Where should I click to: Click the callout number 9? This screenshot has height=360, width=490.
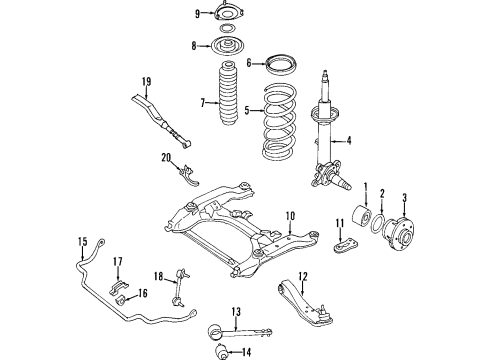169,13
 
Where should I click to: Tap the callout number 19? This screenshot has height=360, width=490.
146,81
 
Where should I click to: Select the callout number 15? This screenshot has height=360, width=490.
83,241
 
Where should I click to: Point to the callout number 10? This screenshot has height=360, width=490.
290,215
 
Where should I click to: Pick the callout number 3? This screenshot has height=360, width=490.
402,196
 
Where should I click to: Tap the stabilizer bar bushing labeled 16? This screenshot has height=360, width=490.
126,294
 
